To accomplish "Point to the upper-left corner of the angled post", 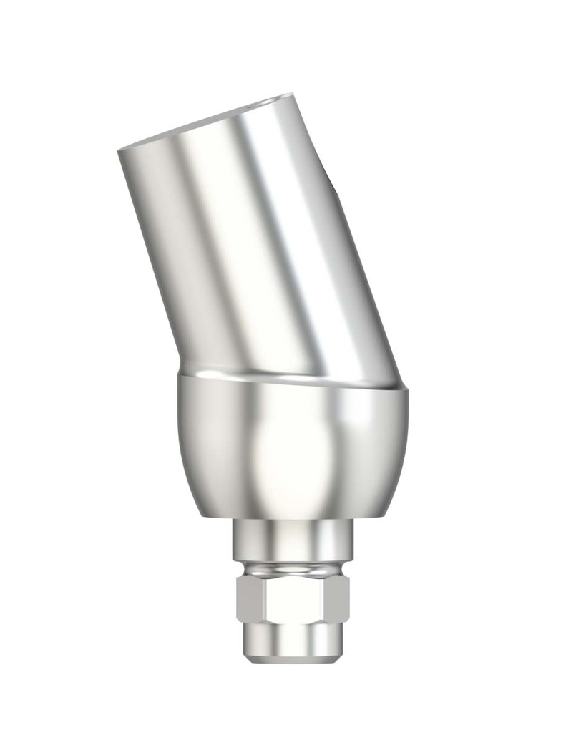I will point(119,150).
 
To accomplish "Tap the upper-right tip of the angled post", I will point(291,94).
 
